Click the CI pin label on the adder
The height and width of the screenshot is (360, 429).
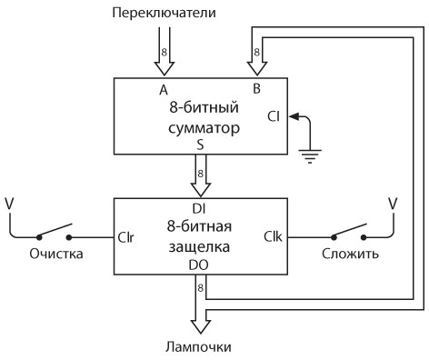tap(276, 116)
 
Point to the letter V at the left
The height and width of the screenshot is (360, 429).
tap(9, 202)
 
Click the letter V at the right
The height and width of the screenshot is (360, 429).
tap(393, 201)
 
